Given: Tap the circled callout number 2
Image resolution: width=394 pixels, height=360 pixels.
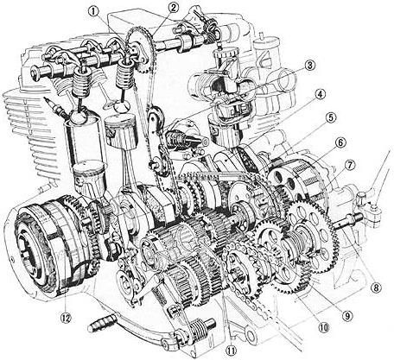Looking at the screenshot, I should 173,8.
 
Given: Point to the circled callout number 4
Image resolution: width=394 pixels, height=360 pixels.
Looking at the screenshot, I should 319,95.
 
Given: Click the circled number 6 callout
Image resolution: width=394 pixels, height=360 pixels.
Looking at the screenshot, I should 340,142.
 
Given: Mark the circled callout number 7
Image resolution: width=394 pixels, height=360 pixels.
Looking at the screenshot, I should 349,164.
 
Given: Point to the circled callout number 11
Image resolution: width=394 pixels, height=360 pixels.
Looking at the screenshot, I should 230,351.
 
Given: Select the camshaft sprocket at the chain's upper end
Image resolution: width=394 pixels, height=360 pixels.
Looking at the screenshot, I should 136,40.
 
